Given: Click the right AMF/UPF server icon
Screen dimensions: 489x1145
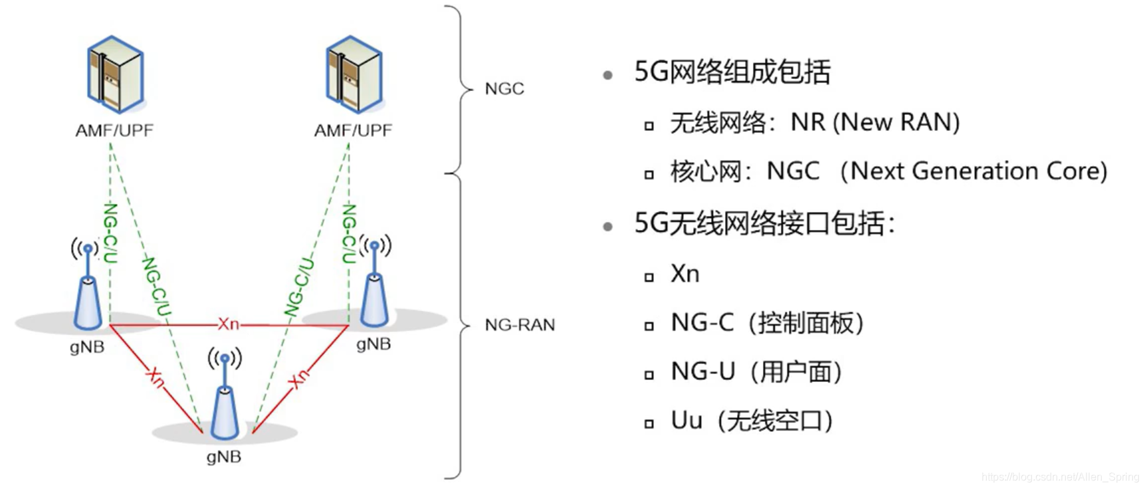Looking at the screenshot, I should coord(354,74).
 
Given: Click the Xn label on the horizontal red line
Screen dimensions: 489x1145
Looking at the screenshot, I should coord(228,324).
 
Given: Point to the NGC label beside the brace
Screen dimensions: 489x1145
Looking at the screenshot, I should coord(504,88).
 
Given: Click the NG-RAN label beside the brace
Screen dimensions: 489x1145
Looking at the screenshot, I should coord(520,325).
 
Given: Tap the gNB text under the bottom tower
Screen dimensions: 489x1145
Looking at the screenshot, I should coord(223,456).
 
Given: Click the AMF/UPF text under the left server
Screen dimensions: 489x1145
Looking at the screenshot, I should coord(114,130).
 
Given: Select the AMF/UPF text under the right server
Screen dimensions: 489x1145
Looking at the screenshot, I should coord(353,130).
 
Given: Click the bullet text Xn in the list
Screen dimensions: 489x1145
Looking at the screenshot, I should coord(685,274).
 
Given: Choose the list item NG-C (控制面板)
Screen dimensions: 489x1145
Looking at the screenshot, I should coord(767,323).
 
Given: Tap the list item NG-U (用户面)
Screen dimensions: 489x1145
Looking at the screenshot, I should coord(756,371).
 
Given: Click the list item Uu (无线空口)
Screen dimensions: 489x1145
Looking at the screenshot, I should coord(752,421).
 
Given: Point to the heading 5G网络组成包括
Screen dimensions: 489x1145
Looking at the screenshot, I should coord(732,72).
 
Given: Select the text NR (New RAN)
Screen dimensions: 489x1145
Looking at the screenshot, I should coord(875,122).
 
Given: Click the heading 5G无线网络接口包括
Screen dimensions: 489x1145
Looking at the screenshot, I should coord(764,223).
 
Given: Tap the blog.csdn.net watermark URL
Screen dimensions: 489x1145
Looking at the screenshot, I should coord(1060,476).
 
